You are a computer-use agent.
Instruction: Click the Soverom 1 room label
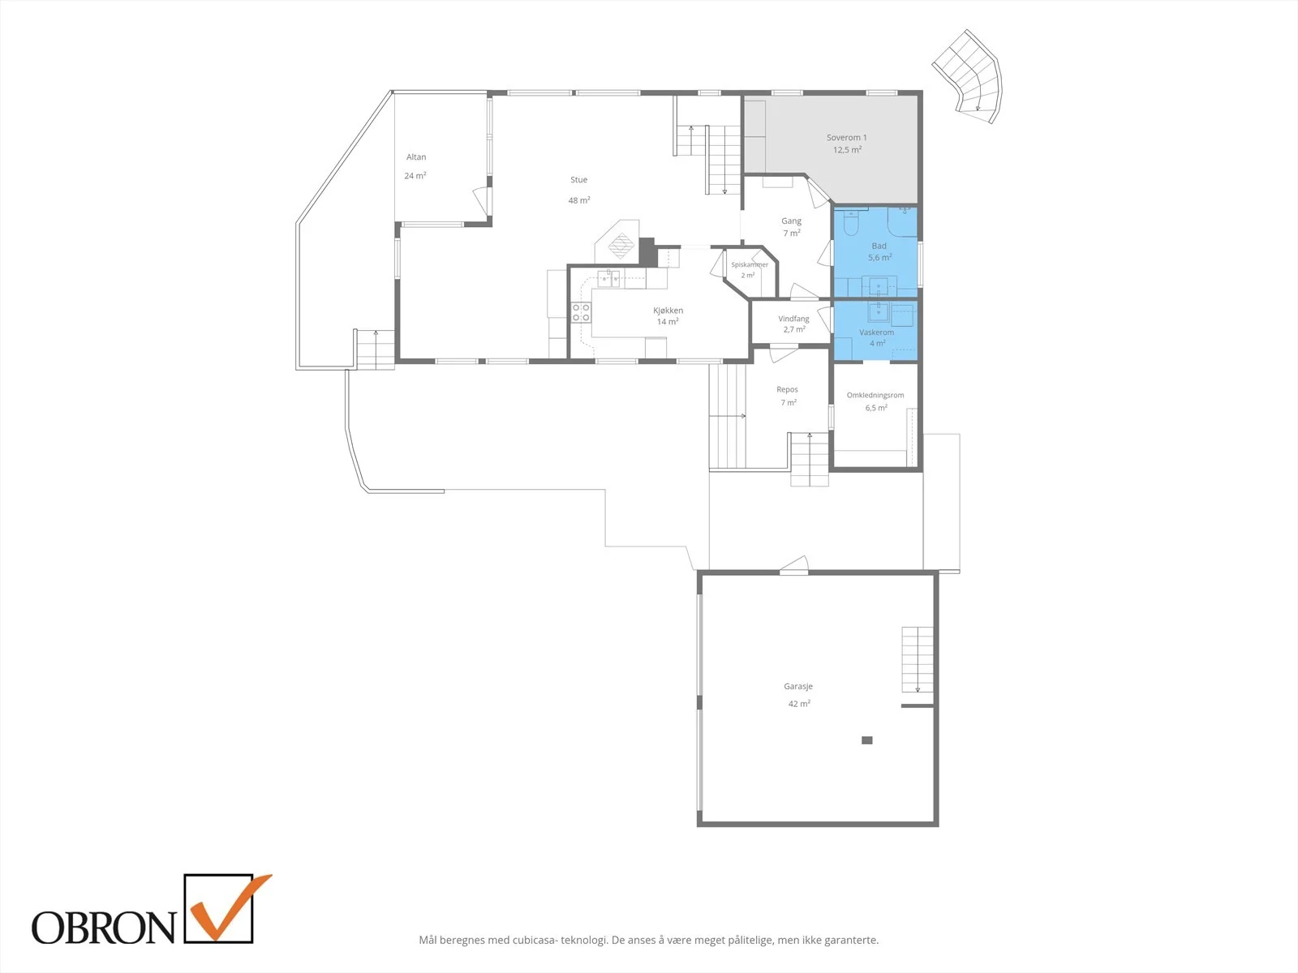click(846, 138)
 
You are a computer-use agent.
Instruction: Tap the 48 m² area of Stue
click(579, 200)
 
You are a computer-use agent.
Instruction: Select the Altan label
click(415, 157)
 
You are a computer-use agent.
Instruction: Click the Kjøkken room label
click(668, 311)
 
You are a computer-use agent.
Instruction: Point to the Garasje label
click(798, 687)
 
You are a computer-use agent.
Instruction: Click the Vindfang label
click(793, 319)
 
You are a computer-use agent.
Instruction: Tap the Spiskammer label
click(750, 264)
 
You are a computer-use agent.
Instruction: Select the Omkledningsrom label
click(875, 395)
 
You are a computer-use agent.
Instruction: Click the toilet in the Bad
click(851, 222)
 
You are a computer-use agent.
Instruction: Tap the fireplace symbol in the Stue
click(621, 245)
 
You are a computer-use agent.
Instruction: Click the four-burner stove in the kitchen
click(581, 312)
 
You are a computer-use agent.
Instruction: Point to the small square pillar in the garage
click(867, 740)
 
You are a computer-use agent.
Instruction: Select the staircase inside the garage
click(918, 659)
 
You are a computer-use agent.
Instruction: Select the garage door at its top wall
click(793, 565)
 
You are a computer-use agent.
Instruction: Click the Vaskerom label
click(876, 332)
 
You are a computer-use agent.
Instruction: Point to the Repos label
click(787, 390)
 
